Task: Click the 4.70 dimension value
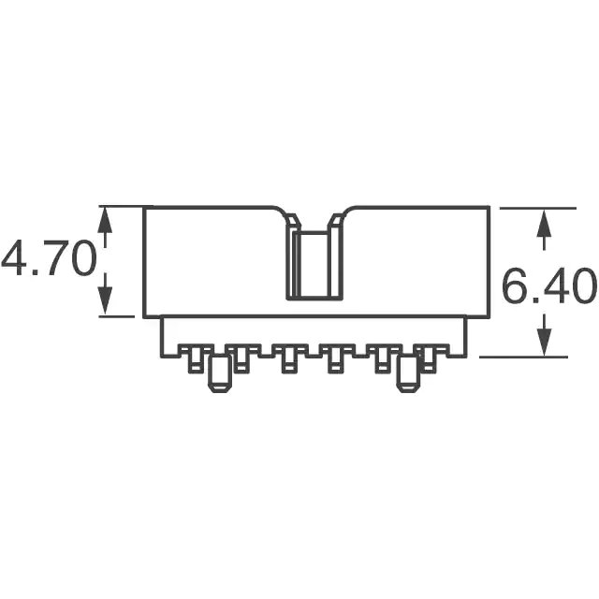[48, 258]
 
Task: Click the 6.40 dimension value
[549, 285]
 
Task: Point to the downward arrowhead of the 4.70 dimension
[105, 301]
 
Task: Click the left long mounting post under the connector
[220, 374]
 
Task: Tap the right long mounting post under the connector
[408, 374]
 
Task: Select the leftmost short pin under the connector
[196, 359]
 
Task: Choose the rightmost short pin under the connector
[429, 359]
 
